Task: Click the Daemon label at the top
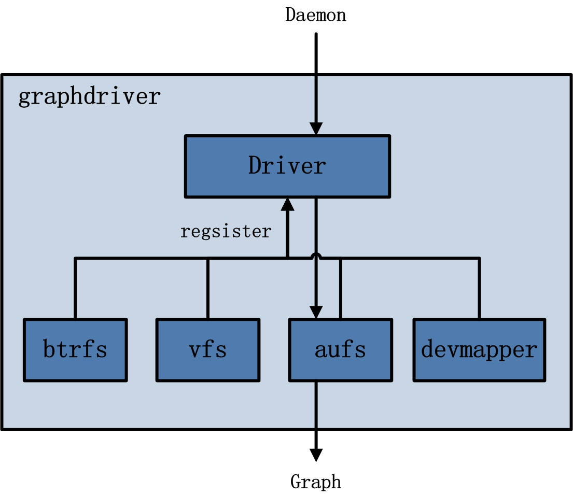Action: click(x=315, y=15)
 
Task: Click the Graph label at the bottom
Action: click(x=316, y=482)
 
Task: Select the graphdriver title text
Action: click(x=89, y=97)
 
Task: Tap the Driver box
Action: click(x=287, y=166)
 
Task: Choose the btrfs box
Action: click(x=75, y=350)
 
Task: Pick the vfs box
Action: click(x=207, y=350)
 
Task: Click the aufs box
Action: click(x=340, y=350)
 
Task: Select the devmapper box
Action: click(x=479, y=350)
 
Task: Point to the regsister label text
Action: click(x=226, y=231)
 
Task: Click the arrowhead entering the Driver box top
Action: click(x=316, y=129)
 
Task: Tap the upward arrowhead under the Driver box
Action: click(x=287, y=204)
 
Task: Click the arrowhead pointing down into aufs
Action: click(x=316, y=312)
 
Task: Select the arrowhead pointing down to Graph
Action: click(x=316, y=454)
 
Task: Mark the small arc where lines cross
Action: click(x=316, y=256)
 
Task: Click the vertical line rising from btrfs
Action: click(x=75, y=288)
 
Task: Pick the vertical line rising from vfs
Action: click(x=207, y=288)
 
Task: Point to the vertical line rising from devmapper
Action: click(x=479, y=288)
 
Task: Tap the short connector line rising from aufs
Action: click(x=340, y=288)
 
